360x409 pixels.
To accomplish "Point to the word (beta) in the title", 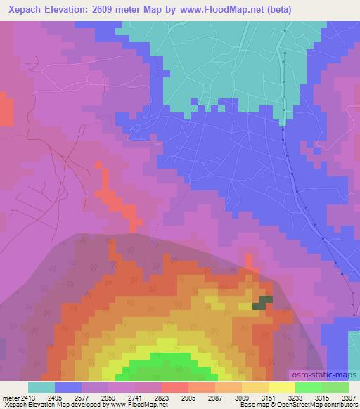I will [276, 10].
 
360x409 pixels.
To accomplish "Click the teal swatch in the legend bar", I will [41, 387].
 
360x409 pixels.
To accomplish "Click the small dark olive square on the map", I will [263, 301].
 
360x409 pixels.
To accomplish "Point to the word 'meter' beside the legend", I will [9, 397].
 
